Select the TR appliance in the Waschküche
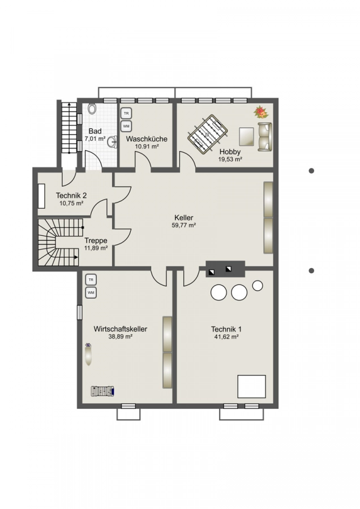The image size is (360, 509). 126,114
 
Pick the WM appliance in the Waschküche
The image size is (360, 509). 126,126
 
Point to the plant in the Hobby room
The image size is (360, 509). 262,112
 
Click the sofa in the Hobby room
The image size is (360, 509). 265,137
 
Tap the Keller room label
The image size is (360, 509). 183,218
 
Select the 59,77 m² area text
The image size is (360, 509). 183,225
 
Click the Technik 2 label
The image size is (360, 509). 71,196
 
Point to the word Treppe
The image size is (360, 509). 96,240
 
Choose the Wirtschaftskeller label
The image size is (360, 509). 120,329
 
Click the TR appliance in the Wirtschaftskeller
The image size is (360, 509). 91,279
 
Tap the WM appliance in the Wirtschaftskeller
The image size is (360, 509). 91,293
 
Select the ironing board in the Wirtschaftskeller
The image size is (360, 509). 88,354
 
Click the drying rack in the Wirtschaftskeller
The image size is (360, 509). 102,391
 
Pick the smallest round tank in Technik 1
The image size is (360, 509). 258,286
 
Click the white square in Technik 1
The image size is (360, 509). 251,386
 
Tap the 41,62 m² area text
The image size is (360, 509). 226,337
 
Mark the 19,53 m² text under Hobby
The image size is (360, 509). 230,159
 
